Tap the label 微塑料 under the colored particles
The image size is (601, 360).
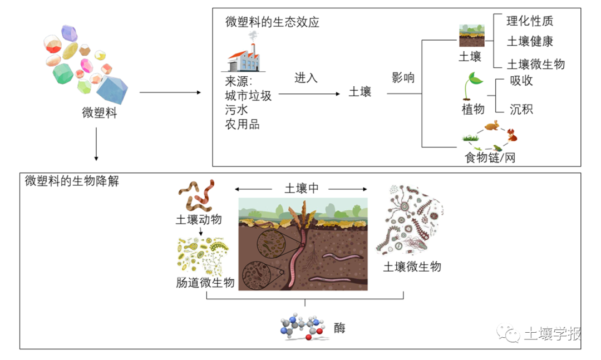pos(99,113)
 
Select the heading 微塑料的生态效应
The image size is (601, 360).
pos(272,22)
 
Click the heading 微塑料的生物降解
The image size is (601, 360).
pos(72,182)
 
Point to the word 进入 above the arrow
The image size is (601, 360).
pos(306,78)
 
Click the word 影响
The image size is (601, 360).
pos(403,78)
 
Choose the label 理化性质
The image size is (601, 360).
pos(530,22)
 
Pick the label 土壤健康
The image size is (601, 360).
pos(530,42)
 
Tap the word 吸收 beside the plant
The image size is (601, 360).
pos(521,81)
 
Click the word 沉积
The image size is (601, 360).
pos(521,109)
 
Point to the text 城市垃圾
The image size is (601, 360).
pos(248,96)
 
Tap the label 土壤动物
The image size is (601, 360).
pos(199,220)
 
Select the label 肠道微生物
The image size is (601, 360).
pos(204,283)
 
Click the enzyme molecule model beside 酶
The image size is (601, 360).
pos(302,328)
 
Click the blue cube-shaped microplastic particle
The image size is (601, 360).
pos(112,88)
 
